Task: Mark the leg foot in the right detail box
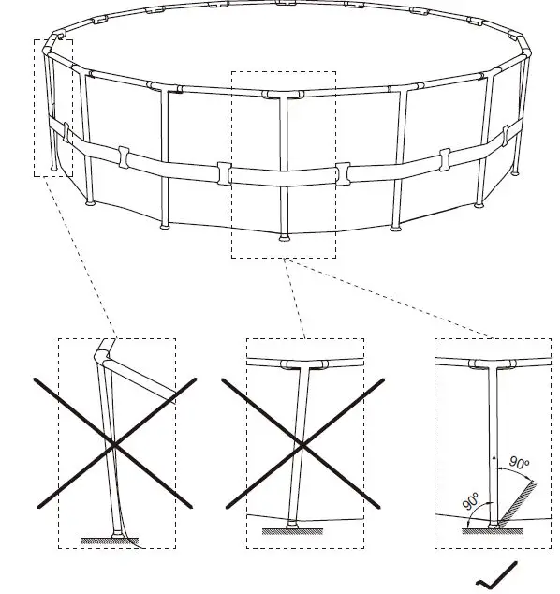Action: click(x=494, y=526)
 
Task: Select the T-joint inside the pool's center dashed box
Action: click(x=282, y=96)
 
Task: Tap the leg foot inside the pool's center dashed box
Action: click(x=283, y=235)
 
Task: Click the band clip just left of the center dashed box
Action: click(x=224, y=172)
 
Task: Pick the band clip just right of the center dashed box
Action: click(x=342, y=172)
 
